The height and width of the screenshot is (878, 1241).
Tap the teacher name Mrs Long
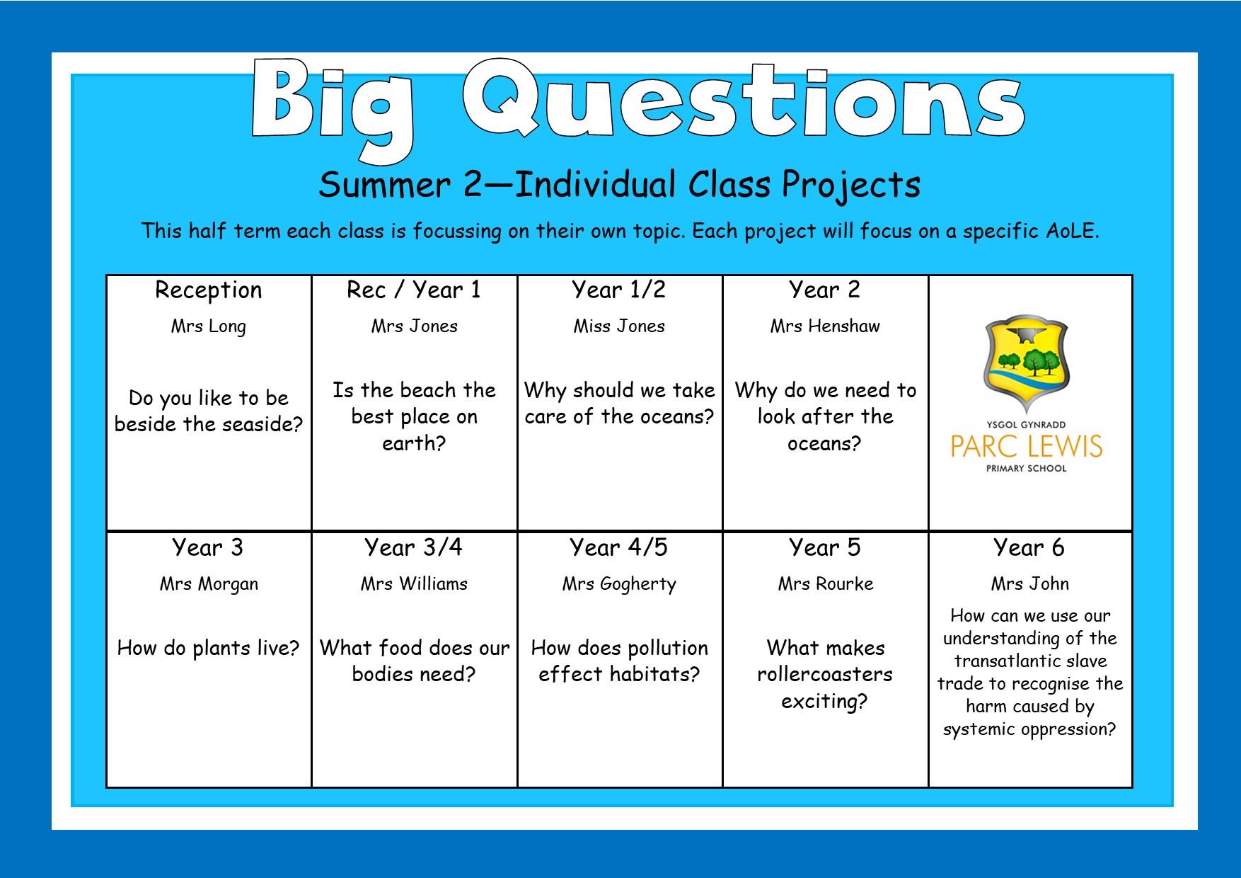tap(209, 327)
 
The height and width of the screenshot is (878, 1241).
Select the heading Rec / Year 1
tap(414, 290)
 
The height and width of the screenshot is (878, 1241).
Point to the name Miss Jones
tap(619, 326)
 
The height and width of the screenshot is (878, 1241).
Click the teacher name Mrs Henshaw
tap(825, 326)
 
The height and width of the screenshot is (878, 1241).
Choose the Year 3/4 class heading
tap(414, 547)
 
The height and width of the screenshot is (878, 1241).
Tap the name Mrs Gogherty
tap(619, 585)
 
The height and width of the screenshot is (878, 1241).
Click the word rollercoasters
tap(825, 674)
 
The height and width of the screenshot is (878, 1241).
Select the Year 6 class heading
tap(1029, 547)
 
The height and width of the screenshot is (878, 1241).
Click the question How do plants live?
tap(209, 649)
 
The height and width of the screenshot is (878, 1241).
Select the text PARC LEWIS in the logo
tap(1027, 447)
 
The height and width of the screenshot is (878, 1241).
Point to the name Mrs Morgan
tap(209, 585)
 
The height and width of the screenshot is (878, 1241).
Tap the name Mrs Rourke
tap(826, 584)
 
